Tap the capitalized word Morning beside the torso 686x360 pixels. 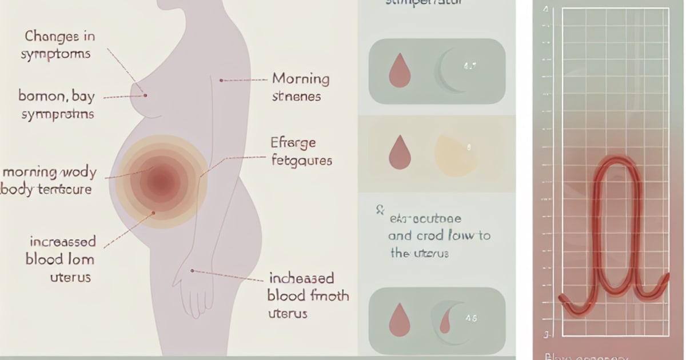(x=300, y=78)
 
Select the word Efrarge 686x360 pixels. (x=293, y=142)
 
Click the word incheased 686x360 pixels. (x=301, y=279)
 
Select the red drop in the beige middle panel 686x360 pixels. (x=399, y=151)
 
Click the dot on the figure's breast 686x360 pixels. (x=146, y=95)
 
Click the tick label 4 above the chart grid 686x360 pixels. (x=546, y=10)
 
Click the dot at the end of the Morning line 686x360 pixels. (x=221, y=81)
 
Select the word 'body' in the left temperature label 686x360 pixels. (x=16, y=189)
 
